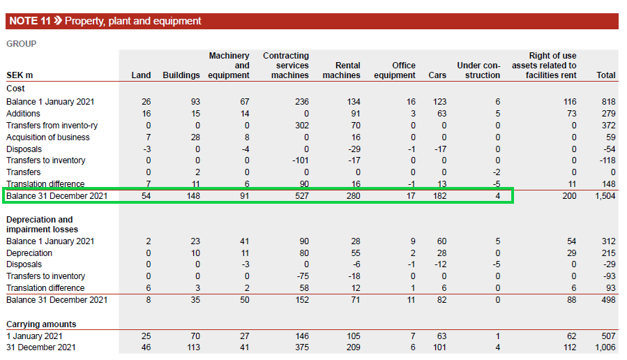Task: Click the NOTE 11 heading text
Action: (105, 21)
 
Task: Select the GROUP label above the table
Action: (22, 44)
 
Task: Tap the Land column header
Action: (141, 75)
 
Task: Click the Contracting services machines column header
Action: (286, 66)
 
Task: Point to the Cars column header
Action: (437, 75)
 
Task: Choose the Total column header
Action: (606, 75)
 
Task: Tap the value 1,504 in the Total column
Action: (604, 196)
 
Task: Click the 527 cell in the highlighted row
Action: (301, 196)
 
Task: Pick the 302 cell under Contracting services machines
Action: (301, 126)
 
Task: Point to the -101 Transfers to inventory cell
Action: (300, 160)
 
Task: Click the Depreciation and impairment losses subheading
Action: (42, 225)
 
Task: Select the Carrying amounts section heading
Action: (41, 324)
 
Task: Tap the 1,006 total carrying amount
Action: (604, 347)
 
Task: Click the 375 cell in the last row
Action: (301, 347)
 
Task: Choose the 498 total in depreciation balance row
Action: (608, 300)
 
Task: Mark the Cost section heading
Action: (16, 89)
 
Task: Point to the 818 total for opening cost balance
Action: (608, 102)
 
